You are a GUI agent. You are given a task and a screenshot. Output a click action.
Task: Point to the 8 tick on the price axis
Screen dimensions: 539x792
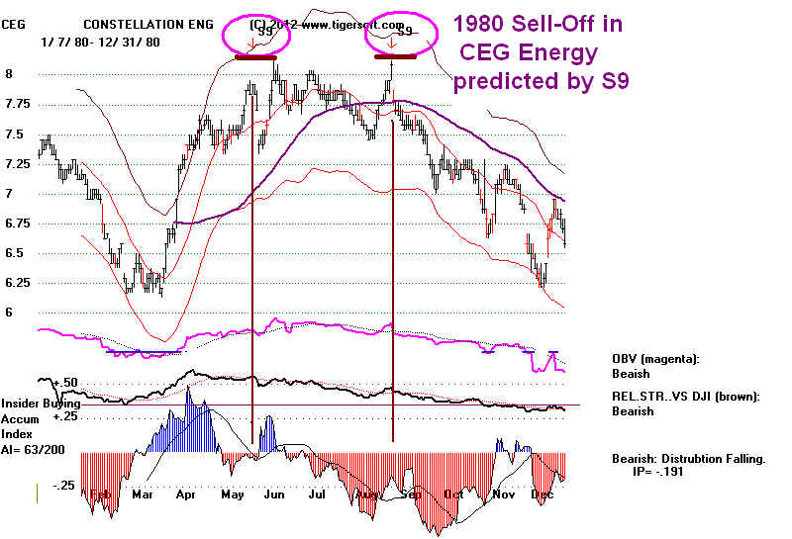click(9, 73)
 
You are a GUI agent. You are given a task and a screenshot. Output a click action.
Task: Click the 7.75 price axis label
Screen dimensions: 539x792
click(17, 104)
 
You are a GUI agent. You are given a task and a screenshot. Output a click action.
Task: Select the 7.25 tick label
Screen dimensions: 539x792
click(17, 163)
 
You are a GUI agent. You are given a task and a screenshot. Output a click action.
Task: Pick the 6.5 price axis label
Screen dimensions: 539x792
click(13, 253)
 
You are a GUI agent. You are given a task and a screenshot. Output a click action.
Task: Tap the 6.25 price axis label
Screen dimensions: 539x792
click(17, 283)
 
